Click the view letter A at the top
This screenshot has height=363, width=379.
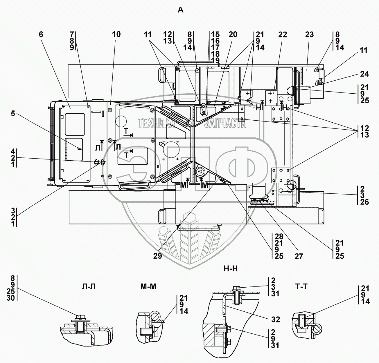click(181, 10)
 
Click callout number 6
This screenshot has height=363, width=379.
click(41, 35)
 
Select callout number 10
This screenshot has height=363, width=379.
click(116, 35)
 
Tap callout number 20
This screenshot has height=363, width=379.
click(233, 35)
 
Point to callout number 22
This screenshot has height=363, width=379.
click(282, 35)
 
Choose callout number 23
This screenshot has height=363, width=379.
click(309, 35)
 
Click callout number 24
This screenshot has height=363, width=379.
click(364, 74)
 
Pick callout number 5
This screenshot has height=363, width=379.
click(13, 114)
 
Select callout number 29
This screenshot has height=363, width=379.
click(157, 256)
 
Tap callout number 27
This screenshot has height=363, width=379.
click(299, 257)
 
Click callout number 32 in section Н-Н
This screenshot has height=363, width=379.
click(275, 320)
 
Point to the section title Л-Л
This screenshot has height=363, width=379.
click(89, 287)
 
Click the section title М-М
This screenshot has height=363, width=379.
click(148, 286)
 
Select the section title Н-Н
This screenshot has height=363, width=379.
click(231, 269)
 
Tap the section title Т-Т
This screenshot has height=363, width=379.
click(301, 286)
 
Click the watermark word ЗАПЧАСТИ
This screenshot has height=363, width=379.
click(225, 123)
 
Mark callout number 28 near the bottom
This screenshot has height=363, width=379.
click(279, 237)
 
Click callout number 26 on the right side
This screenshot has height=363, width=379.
click(364, 202)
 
